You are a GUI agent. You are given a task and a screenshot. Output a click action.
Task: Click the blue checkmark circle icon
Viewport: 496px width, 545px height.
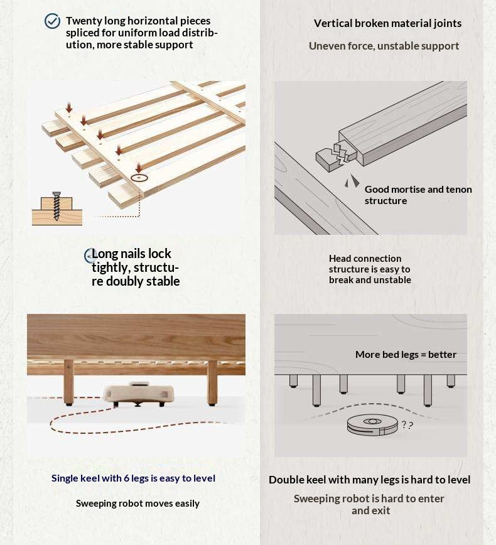coord(52,21)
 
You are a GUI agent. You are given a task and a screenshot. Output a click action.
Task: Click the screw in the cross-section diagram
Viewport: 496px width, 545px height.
coord(57,206)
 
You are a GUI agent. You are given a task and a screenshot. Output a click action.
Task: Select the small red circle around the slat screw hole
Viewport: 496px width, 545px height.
coord(139,178)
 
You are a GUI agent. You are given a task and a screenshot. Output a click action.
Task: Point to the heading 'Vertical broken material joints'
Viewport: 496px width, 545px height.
coord(387,23)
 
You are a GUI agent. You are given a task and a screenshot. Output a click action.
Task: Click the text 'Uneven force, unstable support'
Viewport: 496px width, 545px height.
coord(384,46)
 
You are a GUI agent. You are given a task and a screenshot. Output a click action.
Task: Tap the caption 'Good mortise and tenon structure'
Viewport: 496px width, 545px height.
coord(418,195)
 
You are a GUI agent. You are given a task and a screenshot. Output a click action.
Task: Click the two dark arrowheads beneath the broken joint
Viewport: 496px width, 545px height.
coord(352,181)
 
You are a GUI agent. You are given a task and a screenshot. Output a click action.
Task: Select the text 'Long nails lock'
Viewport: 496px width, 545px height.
coord(131,254)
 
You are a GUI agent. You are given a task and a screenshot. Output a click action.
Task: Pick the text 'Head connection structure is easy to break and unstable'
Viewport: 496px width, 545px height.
coord(370,269)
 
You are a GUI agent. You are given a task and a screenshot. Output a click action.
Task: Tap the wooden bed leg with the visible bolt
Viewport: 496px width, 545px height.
coord(69,382)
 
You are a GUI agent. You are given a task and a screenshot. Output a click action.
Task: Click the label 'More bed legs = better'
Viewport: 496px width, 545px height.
coord(406,355)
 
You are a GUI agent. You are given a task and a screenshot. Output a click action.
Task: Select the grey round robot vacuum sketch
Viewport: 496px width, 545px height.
coord(372,424)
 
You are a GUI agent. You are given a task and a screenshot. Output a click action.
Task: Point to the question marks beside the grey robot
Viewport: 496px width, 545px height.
coord(407,424)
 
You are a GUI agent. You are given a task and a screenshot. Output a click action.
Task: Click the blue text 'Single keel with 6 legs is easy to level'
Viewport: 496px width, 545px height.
coord(133,478)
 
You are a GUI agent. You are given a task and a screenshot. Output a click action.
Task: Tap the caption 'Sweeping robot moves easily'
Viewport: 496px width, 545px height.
coord(137,504)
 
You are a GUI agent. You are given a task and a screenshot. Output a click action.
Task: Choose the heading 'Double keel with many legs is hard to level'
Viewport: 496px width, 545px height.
coord(369,480)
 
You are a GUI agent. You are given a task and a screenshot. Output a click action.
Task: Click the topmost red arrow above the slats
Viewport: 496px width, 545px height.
coord(69,107)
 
